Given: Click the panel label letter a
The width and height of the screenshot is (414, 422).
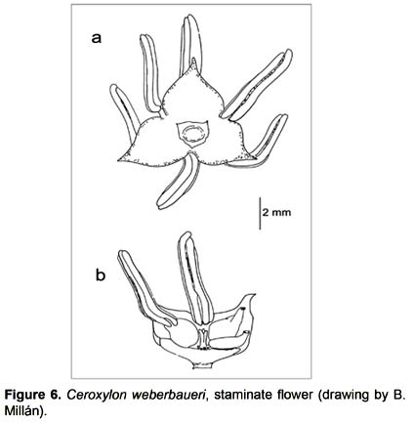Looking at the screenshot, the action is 97,38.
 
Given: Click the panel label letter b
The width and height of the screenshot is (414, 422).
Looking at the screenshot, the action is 101,274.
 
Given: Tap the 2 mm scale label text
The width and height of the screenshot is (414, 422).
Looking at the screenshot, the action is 276,213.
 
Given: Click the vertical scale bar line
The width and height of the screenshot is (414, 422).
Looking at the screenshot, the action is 260,213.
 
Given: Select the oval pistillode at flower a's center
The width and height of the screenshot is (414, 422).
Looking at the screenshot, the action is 192,134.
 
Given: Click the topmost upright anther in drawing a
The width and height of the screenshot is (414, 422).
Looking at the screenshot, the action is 191,44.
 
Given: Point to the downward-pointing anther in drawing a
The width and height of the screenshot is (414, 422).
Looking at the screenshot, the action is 177,183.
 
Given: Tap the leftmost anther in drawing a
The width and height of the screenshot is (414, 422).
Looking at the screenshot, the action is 124,111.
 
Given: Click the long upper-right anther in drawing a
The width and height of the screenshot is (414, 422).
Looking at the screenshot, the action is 257,84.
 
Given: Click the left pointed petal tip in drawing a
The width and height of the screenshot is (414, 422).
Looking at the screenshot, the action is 119,159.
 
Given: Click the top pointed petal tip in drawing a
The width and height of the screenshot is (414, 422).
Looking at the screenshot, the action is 193,61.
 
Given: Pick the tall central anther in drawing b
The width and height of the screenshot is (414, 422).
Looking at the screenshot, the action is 195,278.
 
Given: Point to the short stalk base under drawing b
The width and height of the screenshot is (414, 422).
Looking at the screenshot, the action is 203,365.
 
